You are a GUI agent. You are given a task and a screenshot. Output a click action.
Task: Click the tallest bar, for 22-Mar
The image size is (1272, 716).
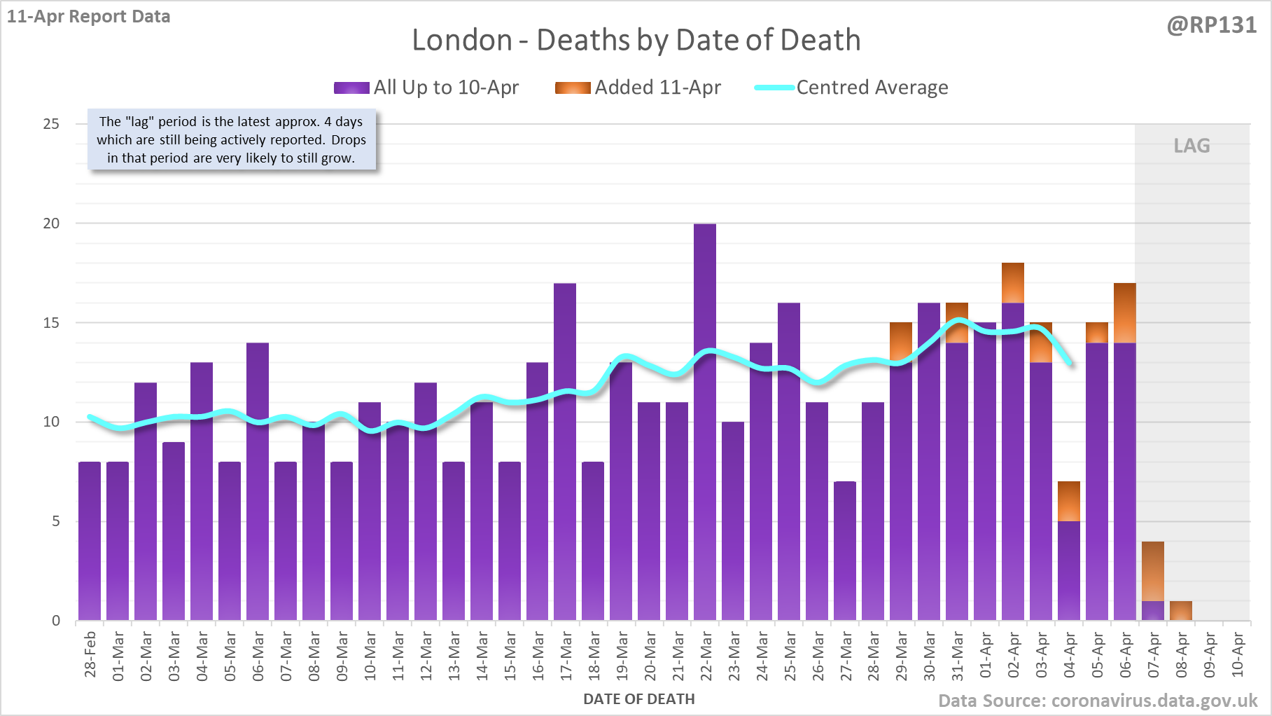pos(705,420)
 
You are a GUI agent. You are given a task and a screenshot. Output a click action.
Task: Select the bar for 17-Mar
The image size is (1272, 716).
pos(565,452)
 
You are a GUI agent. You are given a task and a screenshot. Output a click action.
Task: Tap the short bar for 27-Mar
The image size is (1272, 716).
pos(845,551)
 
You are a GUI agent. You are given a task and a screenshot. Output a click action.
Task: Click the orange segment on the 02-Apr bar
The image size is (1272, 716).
pos(1013,283)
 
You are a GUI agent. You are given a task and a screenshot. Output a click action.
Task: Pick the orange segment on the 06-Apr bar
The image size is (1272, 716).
pos(1125,313)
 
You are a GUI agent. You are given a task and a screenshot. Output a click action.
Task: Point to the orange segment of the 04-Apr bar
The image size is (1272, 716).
pos(1069,502)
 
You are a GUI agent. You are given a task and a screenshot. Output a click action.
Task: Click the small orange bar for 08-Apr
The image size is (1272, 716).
pos(1181,610)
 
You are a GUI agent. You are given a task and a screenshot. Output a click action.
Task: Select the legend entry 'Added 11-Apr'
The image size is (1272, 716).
pos(638,88)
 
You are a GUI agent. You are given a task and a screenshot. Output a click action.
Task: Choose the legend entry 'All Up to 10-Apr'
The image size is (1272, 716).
pos(426,88)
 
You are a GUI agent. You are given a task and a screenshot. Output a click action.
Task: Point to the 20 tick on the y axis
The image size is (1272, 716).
pos(52,223)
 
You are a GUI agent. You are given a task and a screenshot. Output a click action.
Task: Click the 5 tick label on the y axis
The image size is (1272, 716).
pos(55,521)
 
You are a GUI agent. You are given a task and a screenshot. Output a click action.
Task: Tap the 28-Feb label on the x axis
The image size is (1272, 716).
pos(90,654)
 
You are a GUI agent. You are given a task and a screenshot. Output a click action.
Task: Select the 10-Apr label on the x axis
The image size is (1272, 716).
pos(1238,654)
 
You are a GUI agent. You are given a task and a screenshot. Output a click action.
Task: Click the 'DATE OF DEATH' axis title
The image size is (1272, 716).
pos(638,699)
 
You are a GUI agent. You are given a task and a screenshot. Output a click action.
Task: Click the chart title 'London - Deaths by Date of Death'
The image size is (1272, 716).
pos(636,40)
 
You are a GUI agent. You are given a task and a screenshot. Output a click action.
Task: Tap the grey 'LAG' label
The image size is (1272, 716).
pos(1191,146)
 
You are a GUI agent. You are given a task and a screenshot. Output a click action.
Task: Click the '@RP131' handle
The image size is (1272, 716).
pos(1211,25)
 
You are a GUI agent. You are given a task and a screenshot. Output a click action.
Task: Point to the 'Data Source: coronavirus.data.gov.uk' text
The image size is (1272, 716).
pos(1097,701)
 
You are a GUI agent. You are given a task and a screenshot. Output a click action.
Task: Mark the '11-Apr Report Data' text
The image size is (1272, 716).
pos(89,17)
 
